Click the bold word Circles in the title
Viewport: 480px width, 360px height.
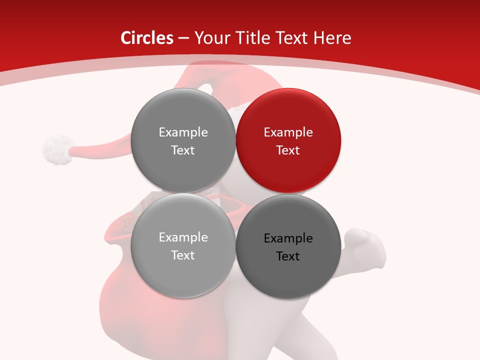point(147,38)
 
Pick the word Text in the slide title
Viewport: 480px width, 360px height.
point(292,38)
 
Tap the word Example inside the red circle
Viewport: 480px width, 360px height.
point(288,132)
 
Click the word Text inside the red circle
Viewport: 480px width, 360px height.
point(288,150)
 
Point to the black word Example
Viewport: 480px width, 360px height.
point(288,238)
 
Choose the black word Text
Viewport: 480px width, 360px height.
point(288,256)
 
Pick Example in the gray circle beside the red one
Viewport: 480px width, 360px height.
point(183,132)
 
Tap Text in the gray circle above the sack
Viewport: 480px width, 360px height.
point(183,255)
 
